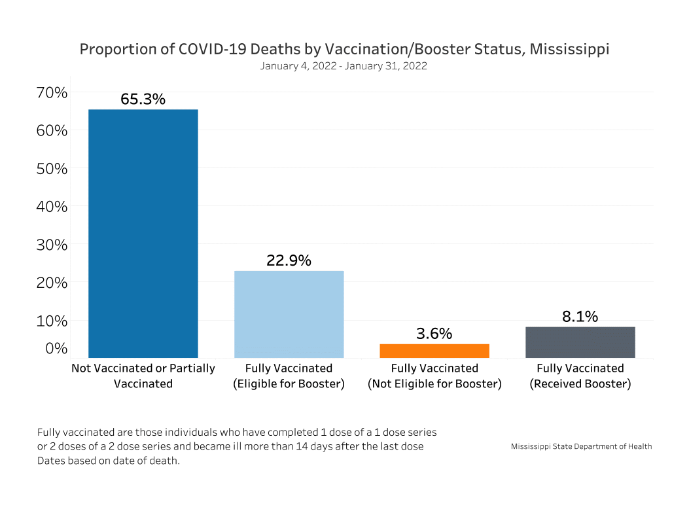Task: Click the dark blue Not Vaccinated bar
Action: (x=143, y=234)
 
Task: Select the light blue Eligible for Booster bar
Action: (x=289, y=314)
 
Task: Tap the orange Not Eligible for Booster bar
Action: (x=434, y=351)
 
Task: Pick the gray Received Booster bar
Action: (x=580, y=342)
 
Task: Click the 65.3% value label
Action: (x=143, y=99)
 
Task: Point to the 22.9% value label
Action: (x=289, y=260)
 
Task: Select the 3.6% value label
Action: (x=434, y=334)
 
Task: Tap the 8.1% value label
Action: (x=580, y=317)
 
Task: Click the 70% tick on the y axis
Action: (x=51, y=92)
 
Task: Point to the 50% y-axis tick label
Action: (x=51, y=168)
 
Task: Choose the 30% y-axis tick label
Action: (x=51, y=245)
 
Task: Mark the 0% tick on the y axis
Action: (x=56, y=347)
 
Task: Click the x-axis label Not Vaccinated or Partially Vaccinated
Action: (x=143, y=376)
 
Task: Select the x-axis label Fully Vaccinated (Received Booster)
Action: (x=580, y=376)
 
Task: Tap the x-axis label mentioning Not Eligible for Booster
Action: (x=434, y=376)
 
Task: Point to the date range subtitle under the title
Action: (x=344, y=66)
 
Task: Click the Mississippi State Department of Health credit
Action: (x=581, y=446)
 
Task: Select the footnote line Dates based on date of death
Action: (x=108, y=460)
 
